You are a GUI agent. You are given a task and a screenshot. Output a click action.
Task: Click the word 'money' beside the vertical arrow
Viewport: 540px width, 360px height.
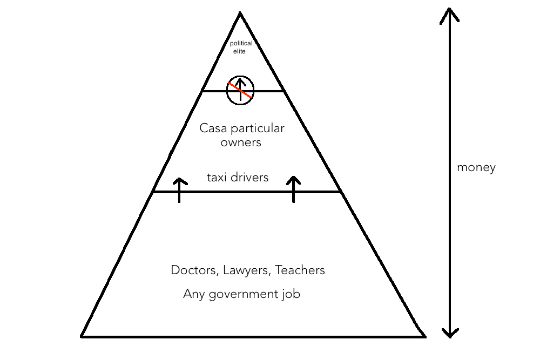coord(476,167)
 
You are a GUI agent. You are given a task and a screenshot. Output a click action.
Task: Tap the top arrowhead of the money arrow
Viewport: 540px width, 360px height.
coord(449,13)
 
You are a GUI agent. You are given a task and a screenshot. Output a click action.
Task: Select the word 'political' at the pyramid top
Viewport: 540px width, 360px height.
coord(241,44)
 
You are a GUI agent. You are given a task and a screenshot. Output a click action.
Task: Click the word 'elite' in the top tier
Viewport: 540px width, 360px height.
coord(239,51)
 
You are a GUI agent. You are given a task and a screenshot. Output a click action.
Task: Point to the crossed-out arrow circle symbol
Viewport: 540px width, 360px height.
coord(240,90)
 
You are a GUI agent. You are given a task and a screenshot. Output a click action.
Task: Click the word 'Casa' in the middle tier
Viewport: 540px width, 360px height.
coord(212,128)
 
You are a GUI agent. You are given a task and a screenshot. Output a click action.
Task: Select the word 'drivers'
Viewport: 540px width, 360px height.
coord(249,177)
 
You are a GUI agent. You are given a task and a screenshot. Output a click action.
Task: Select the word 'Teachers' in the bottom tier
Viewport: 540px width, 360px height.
coord(300,270)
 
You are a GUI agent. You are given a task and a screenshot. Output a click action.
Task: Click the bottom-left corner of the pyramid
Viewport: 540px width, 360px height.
coord(82,336)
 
